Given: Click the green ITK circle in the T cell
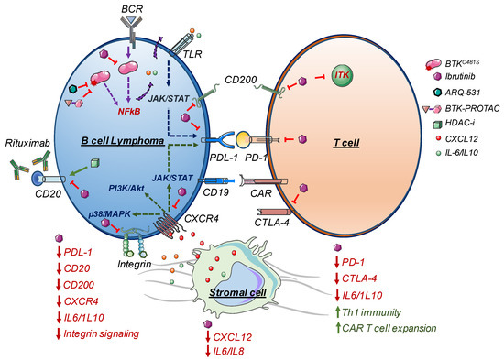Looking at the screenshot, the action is point(343,75).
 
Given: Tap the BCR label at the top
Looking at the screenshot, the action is point(132,8).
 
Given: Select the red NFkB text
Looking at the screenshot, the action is point(129,111).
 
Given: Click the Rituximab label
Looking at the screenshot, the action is point(27,143).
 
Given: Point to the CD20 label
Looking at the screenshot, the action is point(49,193).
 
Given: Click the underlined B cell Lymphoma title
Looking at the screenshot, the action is point(123,141).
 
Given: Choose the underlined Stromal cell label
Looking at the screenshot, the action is point(238,292).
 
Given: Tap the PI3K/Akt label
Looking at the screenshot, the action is point(126,188).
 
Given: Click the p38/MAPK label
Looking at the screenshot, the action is point(110,213).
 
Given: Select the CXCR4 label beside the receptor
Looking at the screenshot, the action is point(202,219).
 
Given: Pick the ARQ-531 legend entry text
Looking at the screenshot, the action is point(463,93).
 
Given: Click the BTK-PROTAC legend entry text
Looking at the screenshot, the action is point(473,109).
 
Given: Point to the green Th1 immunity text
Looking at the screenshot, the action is point(371,312).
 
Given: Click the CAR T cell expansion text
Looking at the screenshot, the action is point(389,328).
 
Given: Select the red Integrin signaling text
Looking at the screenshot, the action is point(102,333).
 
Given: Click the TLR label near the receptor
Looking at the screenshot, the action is point(192,54).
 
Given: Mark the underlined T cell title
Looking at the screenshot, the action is point(346,142).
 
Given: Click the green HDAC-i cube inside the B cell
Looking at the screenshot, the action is point(94,163).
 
